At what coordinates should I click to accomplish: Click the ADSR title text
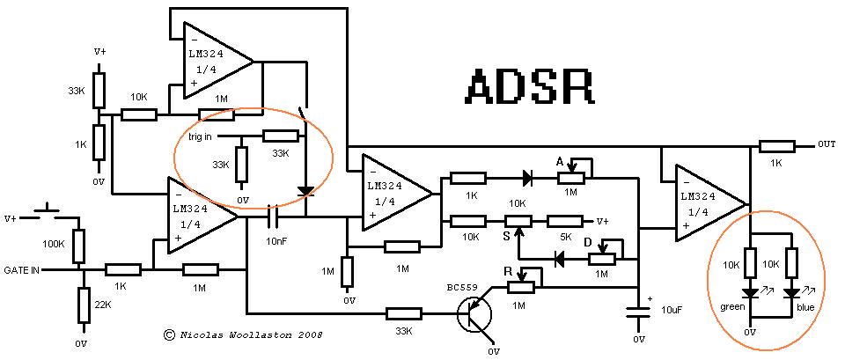(528, 86)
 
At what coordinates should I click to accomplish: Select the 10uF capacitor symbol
(637, 310)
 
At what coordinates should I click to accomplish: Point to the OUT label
(827, 144)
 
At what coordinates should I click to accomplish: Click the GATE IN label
(22, 270)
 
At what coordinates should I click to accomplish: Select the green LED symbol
(751, 292)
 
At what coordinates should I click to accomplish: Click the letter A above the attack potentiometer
(559, 161)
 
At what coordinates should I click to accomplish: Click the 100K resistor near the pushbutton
(78, 244)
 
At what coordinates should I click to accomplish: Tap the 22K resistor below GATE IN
(82, 305)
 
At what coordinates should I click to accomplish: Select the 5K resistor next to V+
(561, 221)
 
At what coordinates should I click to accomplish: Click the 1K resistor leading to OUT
(775, 145)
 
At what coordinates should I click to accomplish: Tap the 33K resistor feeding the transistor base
(404, 312)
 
